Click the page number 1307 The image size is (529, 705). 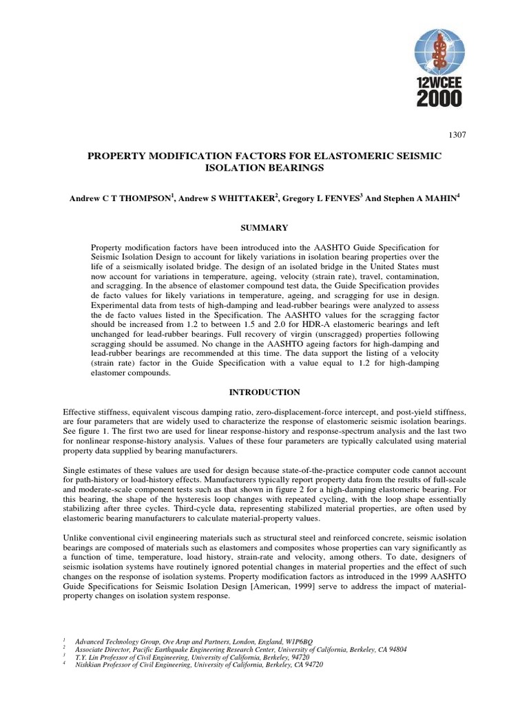pyautogui.click(x=457, y=135)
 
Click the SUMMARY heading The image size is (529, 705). pyautogui.click(x=264, y=227)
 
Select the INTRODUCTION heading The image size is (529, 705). pyautogui.click(x=264, y=392)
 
